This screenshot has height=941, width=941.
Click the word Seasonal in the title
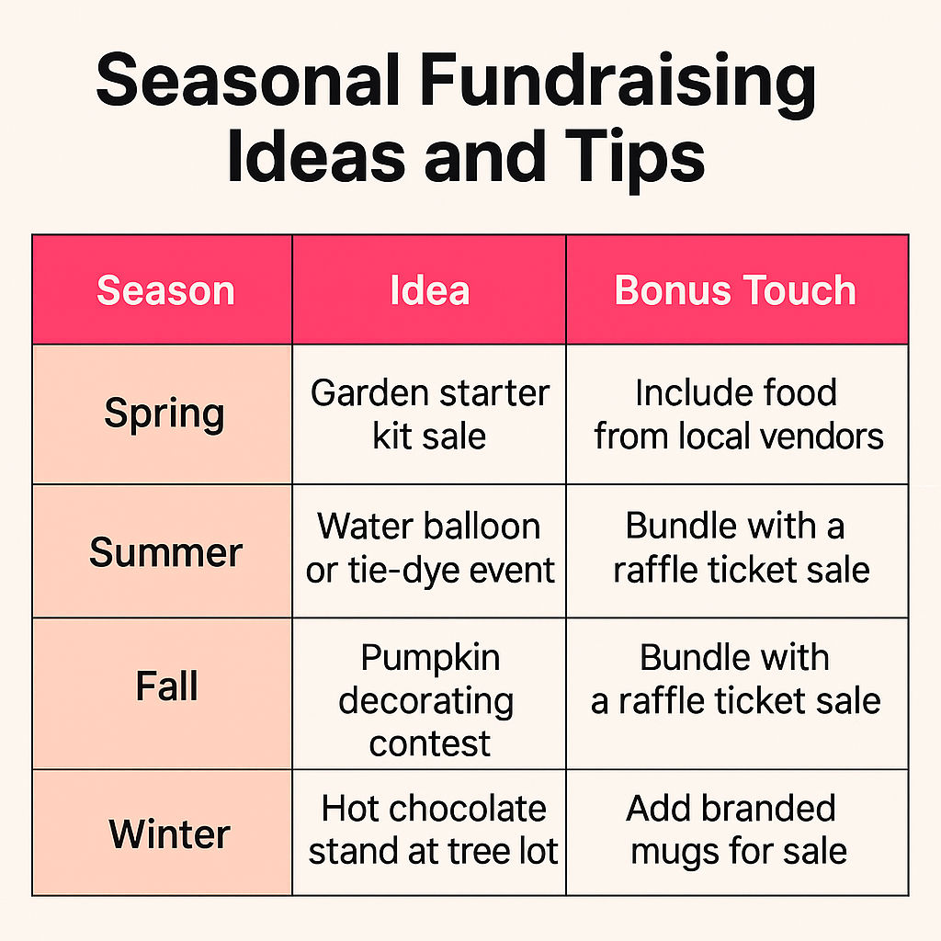coord(248,80)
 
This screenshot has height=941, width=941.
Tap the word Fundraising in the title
coord(618,85)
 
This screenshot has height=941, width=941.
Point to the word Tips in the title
coord(634,157)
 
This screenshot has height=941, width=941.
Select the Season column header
coord(165,291)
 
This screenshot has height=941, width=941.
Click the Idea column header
coord(430,291)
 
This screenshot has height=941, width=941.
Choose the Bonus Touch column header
coord(735,291)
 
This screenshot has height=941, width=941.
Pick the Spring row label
coord(164,414)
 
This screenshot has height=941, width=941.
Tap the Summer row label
coord(165,552)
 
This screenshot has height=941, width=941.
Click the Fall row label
coord(166,686)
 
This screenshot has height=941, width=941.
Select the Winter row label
coord(169,833)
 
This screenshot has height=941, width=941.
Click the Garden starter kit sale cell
coord(430,414)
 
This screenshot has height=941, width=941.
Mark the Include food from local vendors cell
coord(738,414)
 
